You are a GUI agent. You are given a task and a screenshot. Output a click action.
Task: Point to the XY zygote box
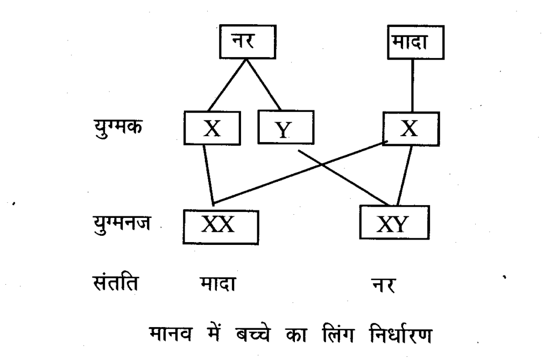pyautogui.click(x=395, y=224)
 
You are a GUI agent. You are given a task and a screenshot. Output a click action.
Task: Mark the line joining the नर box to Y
pyautogui.click(x=264, y=84)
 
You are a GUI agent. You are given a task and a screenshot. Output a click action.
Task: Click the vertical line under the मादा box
pyautogui.click(x=413, y=86)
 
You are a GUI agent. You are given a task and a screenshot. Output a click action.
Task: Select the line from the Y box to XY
pyautogui.click(x=344, y=178)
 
